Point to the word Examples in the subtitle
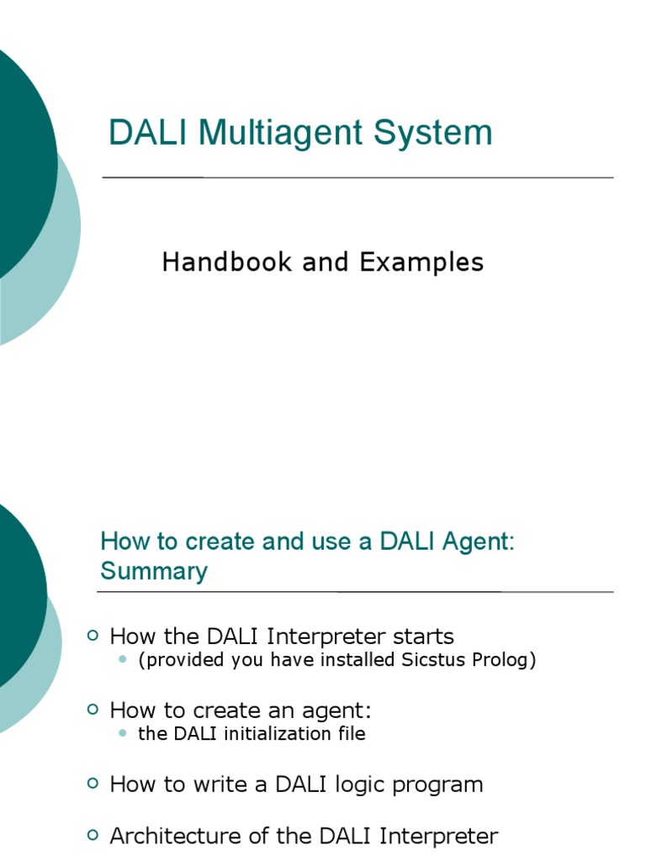tap(421, 262)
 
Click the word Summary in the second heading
tap(154, 572)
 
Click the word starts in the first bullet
tap(420, 637)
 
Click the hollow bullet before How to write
tap(93, 784)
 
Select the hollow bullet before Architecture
tap(93, 835)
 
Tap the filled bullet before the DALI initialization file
tap(123, 733)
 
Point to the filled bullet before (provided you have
tap(123, 660)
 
